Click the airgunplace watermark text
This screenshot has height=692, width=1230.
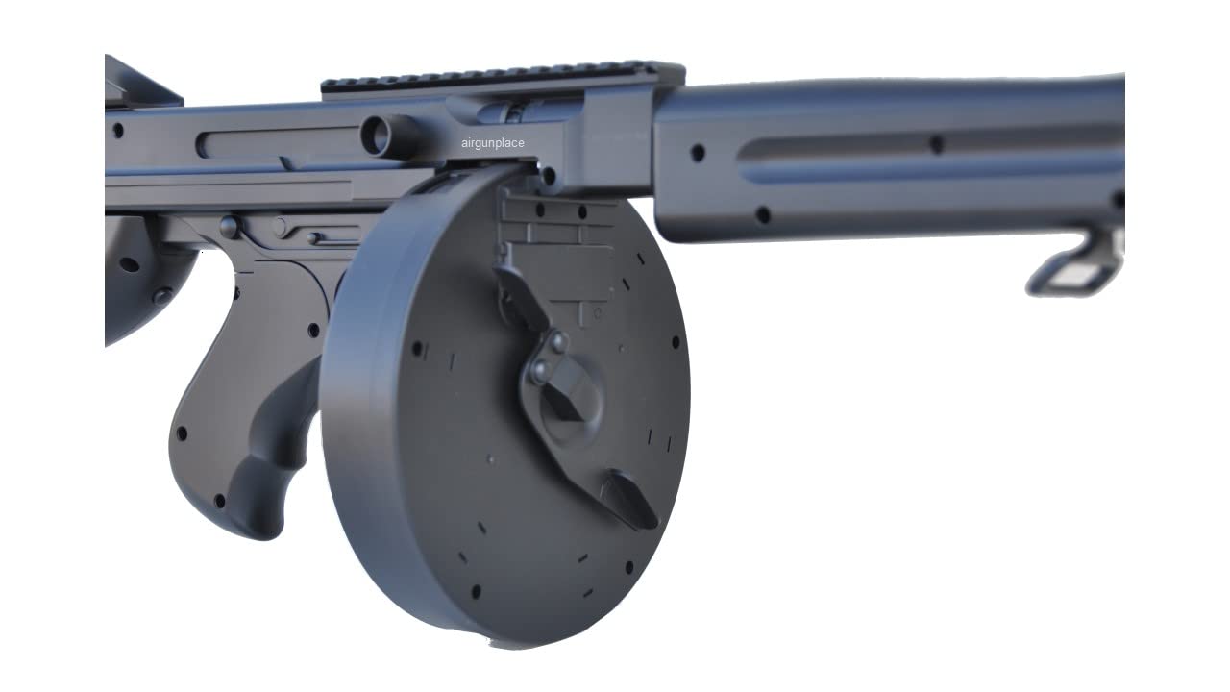(x=492, y=143)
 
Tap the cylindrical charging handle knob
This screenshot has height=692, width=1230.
(x=384, y=135)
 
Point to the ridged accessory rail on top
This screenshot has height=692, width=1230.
(x=500, y=77)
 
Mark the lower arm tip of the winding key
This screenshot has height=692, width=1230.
(x=629, y=500)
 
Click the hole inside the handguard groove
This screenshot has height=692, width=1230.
(x=936, y=144)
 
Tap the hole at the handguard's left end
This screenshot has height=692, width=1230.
(x=698, y=153)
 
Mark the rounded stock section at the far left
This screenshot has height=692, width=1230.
(x=135, y=279)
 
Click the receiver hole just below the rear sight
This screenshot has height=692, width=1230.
(x=117, y=130)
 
